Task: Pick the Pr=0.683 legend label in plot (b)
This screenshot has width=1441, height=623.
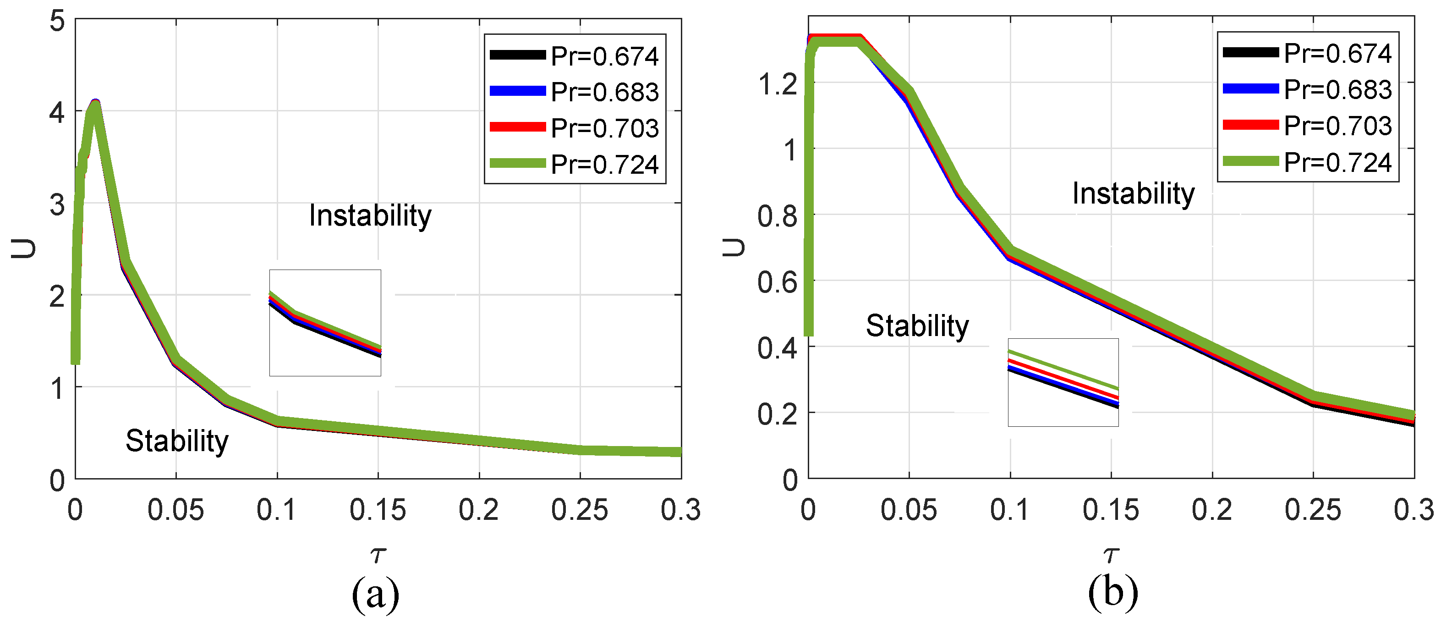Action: click(x=1337, y=89)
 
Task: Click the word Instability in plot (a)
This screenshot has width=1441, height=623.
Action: click(x=370, y=216)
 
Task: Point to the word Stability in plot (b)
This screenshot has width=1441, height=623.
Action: click(x=917, y=326)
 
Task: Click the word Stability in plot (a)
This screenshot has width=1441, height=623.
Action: click(x=177, y=441)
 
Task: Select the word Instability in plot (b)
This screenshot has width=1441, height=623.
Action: click(x=1133, y=193)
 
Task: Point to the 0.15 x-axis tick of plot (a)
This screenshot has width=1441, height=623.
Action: click(x=378, y=510)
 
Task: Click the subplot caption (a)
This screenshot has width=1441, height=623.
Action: click(x=375, y=593)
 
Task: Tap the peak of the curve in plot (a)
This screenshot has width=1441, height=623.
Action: click(x=96, y=104)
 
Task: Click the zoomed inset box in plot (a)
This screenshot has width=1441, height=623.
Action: click(x=325, y=323)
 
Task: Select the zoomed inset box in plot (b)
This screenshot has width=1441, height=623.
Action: click(x=1063, y=382)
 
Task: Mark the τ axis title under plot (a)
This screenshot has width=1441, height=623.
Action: click(x=378, y=555)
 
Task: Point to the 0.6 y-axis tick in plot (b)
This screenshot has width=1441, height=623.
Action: click(x=777, y=281)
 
